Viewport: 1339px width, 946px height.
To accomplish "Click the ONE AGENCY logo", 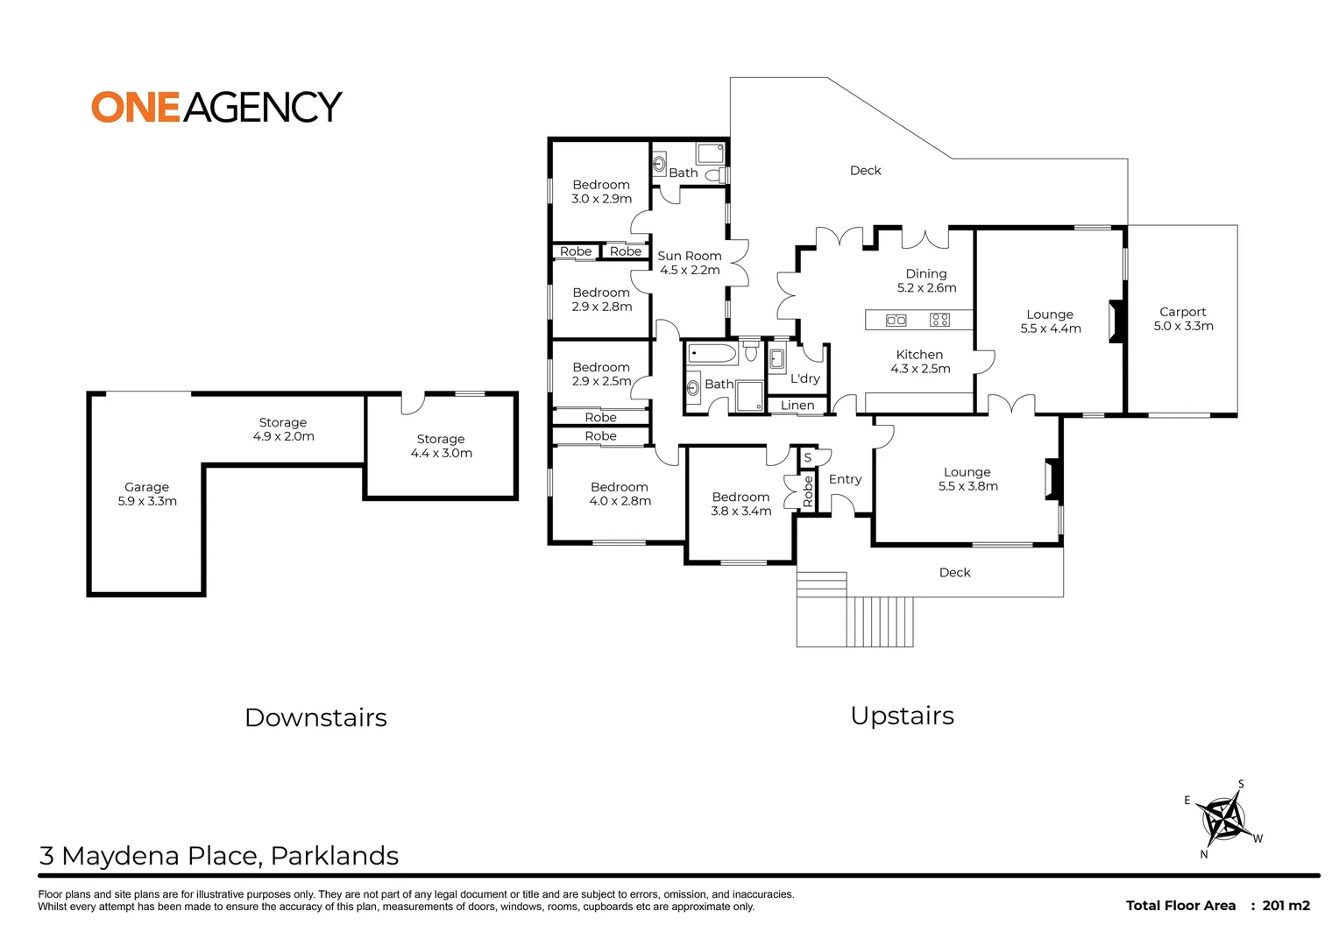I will click(x=216, y=107).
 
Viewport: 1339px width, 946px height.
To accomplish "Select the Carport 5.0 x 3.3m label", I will click(x=1183, y=319).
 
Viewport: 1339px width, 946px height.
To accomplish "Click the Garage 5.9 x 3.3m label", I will click(x=147, y=494).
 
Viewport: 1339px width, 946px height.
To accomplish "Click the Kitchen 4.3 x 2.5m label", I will click(x=920, y=361).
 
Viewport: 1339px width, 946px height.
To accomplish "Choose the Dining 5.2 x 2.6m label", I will click(x=926, y=280).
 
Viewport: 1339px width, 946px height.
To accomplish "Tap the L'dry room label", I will click(x=805, y=378).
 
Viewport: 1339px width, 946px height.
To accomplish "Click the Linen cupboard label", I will click(x=797, y=406).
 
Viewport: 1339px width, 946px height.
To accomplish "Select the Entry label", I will click(x=845, y=479).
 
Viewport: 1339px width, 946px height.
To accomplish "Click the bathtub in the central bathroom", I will click(x=712, y=354).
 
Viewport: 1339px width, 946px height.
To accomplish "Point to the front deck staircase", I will click(x=880, y=621).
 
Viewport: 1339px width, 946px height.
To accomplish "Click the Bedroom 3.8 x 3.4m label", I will click(x=740, y=504).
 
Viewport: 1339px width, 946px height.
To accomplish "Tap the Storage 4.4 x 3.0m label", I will click(x=441, y=446).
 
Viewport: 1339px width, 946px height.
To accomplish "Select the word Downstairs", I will click(x=315, y=717).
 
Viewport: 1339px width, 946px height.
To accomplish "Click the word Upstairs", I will click(x=902, y=716).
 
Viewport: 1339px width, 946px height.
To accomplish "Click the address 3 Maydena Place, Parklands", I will click(x=219, y=856).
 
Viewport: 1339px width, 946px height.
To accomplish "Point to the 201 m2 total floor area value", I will click(x=1286, y=906).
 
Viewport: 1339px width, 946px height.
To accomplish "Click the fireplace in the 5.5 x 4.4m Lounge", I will click(x=1116, y=321).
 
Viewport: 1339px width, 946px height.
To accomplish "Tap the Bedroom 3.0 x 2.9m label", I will click(x=601, y=192).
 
